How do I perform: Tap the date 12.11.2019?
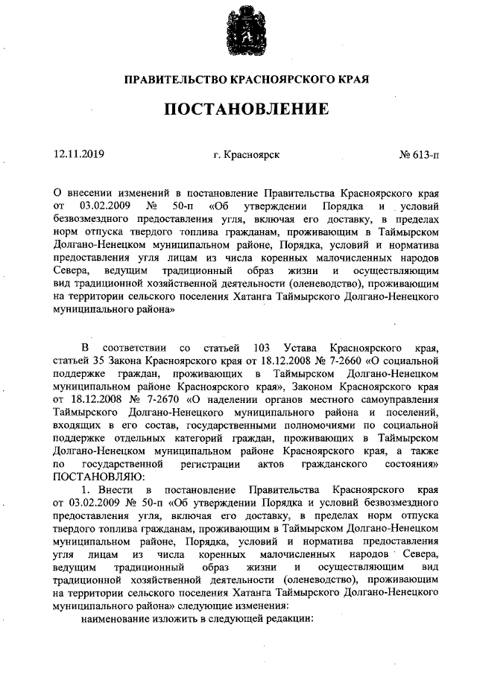[x=79, y=155]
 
